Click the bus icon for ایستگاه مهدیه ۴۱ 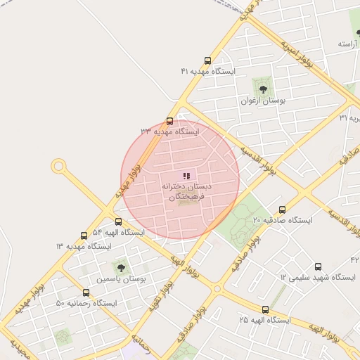pos(207,60)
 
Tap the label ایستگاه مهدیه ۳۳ pos(169,131)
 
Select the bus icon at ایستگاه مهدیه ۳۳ pos(169,120)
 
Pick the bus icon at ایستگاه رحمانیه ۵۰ pos(86,292)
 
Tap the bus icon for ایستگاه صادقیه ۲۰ pos(283,210)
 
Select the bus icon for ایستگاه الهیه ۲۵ pos(265,309)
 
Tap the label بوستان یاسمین pos(120,278)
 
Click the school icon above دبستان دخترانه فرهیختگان pos(186,176)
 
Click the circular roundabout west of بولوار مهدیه pos(58,167)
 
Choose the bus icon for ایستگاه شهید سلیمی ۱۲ pos(318,266)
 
